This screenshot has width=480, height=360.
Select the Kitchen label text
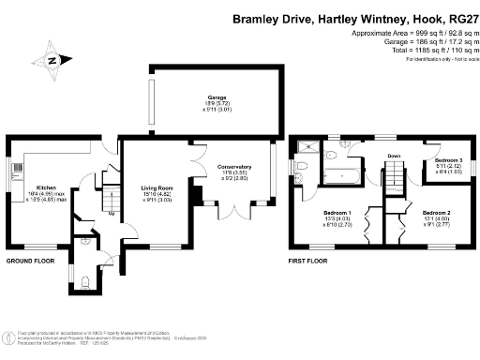coord(47,187)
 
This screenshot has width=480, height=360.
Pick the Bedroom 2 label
coord(436,213)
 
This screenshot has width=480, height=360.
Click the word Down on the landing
coord(394,156)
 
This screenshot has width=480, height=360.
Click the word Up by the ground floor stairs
coord(112,214)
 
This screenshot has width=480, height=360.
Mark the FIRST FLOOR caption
coord(307,260)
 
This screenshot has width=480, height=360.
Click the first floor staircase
coord(394,173)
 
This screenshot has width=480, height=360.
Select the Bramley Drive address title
coord(353,19)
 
